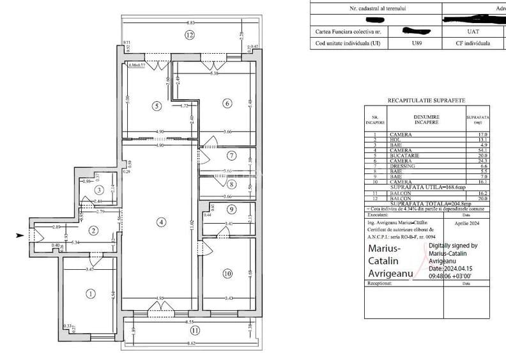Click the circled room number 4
click(x=162, y=222)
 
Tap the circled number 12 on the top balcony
click(x=189, y=35)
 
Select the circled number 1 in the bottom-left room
click(x=90, y=293)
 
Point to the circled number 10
click(x=227, y=274)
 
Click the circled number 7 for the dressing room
click(x=232, y=156)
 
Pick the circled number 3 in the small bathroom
click(x=99, y=190)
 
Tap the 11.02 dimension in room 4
click(x=191, y=225)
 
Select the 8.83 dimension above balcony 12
click(x=191, y=22)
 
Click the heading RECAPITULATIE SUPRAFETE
click(x=426, y=100)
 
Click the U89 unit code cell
click(x=417, y=43)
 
